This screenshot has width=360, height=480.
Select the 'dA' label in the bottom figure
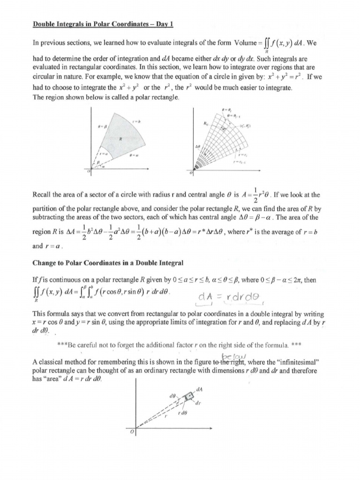tap(201, 388)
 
